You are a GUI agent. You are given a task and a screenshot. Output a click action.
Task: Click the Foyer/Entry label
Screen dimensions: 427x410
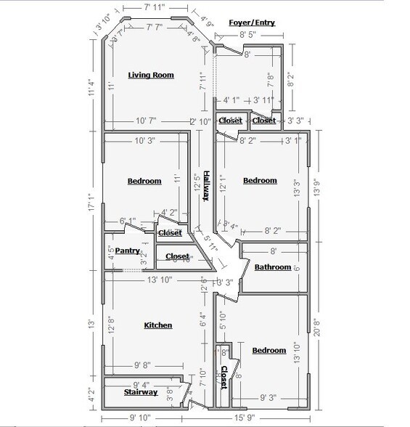251,23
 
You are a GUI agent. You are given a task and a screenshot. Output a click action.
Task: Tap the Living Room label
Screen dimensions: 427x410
151,75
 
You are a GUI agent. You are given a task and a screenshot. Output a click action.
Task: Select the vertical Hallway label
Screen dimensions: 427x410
206,191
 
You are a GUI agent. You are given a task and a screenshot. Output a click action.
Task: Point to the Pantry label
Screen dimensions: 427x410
127,251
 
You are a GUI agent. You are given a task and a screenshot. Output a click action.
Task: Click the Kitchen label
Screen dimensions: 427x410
157,325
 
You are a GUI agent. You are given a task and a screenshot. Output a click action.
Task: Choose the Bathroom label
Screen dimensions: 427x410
272,267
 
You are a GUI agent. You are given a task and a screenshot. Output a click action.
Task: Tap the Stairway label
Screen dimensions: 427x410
141,392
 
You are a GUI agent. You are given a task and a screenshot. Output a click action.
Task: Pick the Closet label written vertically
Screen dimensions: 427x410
224,378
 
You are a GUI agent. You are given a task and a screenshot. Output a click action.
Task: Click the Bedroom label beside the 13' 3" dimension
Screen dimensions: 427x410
260,180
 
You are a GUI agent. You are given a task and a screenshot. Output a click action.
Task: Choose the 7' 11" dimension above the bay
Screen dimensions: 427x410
154,7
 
